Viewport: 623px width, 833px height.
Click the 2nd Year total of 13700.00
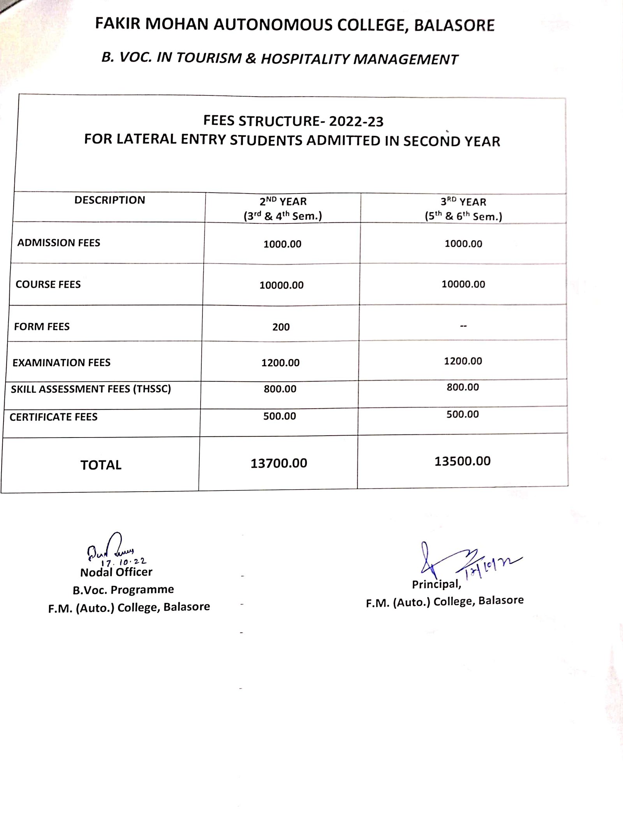279,463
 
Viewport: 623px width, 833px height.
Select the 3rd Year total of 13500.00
463,461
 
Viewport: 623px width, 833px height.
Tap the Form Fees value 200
281,327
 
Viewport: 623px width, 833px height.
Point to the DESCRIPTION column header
109,200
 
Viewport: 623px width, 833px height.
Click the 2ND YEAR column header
283,202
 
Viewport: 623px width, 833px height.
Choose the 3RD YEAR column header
463,202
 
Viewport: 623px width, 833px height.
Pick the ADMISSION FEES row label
59,243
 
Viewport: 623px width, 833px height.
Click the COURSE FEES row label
48,285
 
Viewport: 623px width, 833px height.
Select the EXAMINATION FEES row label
62,363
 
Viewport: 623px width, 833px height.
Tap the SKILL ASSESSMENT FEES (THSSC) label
91,389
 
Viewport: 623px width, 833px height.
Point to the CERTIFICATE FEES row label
54,417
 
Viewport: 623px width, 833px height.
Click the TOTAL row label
101,465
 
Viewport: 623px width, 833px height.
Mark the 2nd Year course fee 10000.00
282,285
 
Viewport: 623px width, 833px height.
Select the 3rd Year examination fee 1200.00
463,361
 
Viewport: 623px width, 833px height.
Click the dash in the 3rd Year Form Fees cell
463,326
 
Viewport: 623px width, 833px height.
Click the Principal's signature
448,561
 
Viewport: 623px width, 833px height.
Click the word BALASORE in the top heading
454,25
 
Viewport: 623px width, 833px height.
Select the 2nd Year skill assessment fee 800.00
280,389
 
